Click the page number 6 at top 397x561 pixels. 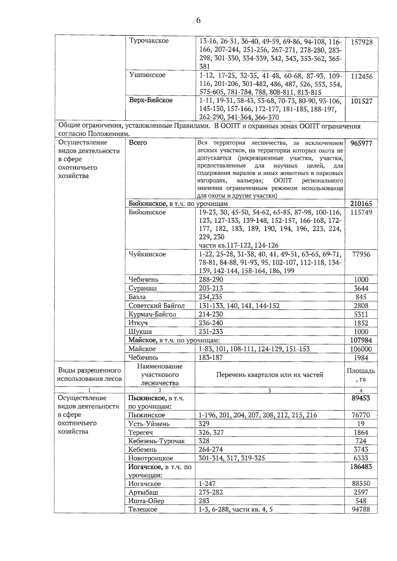[198, 20]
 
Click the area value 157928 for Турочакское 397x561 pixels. [361, 42]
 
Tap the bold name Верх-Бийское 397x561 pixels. [151, 100]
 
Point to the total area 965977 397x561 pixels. [361, 143]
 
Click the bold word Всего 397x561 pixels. [138, 143]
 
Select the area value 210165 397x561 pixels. [361, 204]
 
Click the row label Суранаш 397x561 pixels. [143, 288]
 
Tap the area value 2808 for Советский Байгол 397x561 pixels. [361, 306]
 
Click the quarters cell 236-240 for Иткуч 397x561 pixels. [211, 323]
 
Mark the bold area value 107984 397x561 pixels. [361, 340]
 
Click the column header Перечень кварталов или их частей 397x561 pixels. [270, 375]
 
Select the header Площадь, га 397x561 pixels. [361, 375]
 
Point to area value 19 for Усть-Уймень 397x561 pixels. [361, 424]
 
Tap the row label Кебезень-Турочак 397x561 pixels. [156, 441]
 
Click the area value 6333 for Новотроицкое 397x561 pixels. [361, 458]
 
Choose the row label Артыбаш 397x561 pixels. [143, 492]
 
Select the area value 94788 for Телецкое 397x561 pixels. [361, 509]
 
